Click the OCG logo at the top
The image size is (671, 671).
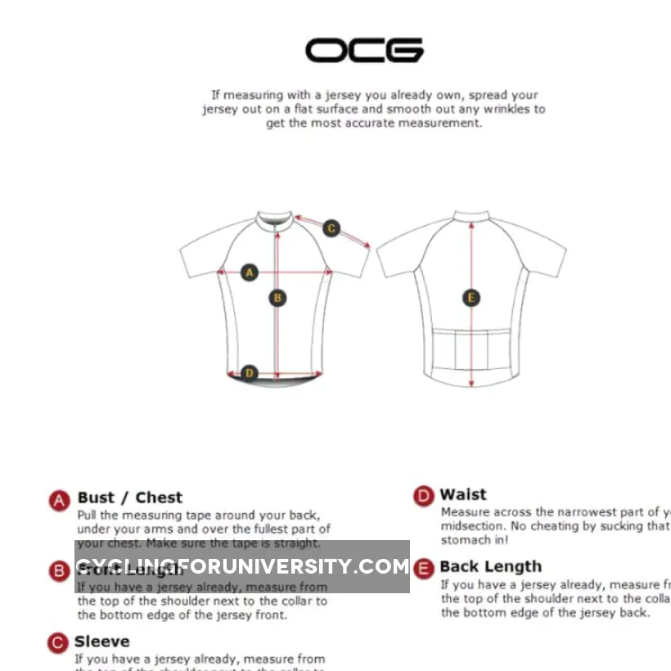click(x=364, y=50)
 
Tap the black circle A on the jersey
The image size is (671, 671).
click(x=250, y=272)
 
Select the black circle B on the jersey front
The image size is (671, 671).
click(x=277, y=298)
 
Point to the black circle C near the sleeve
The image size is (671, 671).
click(x=331, y=228)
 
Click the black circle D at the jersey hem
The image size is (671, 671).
click(x=250, y=374)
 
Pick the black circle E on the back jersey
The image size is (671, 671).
click(x=471, y=298)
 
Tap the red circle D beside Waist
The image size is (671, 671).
click(x=423, y=496)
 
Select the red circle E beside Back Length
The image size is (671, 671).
click(x=423, y=568)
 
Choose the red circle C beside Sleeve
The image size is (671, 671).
click(x=57, y=643)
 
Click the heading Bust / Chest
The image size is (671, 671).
click(x=130, y=498)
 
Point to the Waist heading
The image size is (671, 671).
click(x=463, y=494)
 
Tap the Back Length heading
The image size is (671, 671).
click(x=490, y=566)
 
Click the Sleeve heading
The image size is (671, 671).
click(x=102, y=642)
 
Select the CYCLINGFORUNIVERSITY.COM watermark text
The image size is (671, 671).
click(x=242, y=566)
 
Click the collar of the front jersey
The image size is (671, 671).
click(x=276, y=219)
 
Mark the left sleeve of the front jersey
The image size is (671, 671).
click(x=200, y=254)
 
